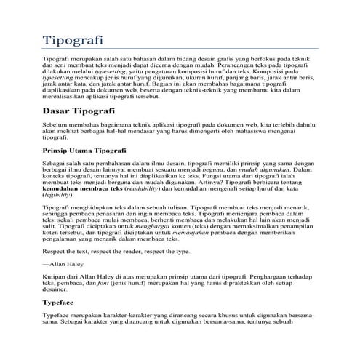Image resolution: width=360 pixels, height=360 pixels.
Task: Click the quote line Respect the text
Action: (116, 251)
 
